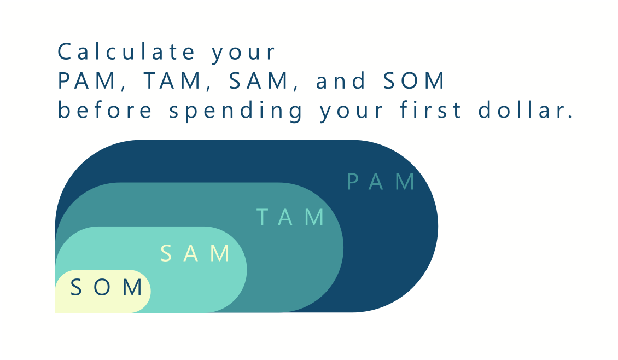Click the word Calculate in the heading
click(x=126, y=53)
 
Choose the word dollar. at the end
click(x=525, y=110)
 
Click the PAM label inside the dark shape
click(x=382, y=182)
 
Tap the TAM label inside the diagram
click(x=291, y=218)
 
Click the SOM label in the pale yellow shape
click(x=107, y=287)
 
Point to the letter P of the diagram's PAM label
click(x=353, y=182)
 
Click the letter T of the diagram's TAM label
click(x=263, y=218)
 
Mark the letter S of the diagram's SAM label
click(x=167, y=254)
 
